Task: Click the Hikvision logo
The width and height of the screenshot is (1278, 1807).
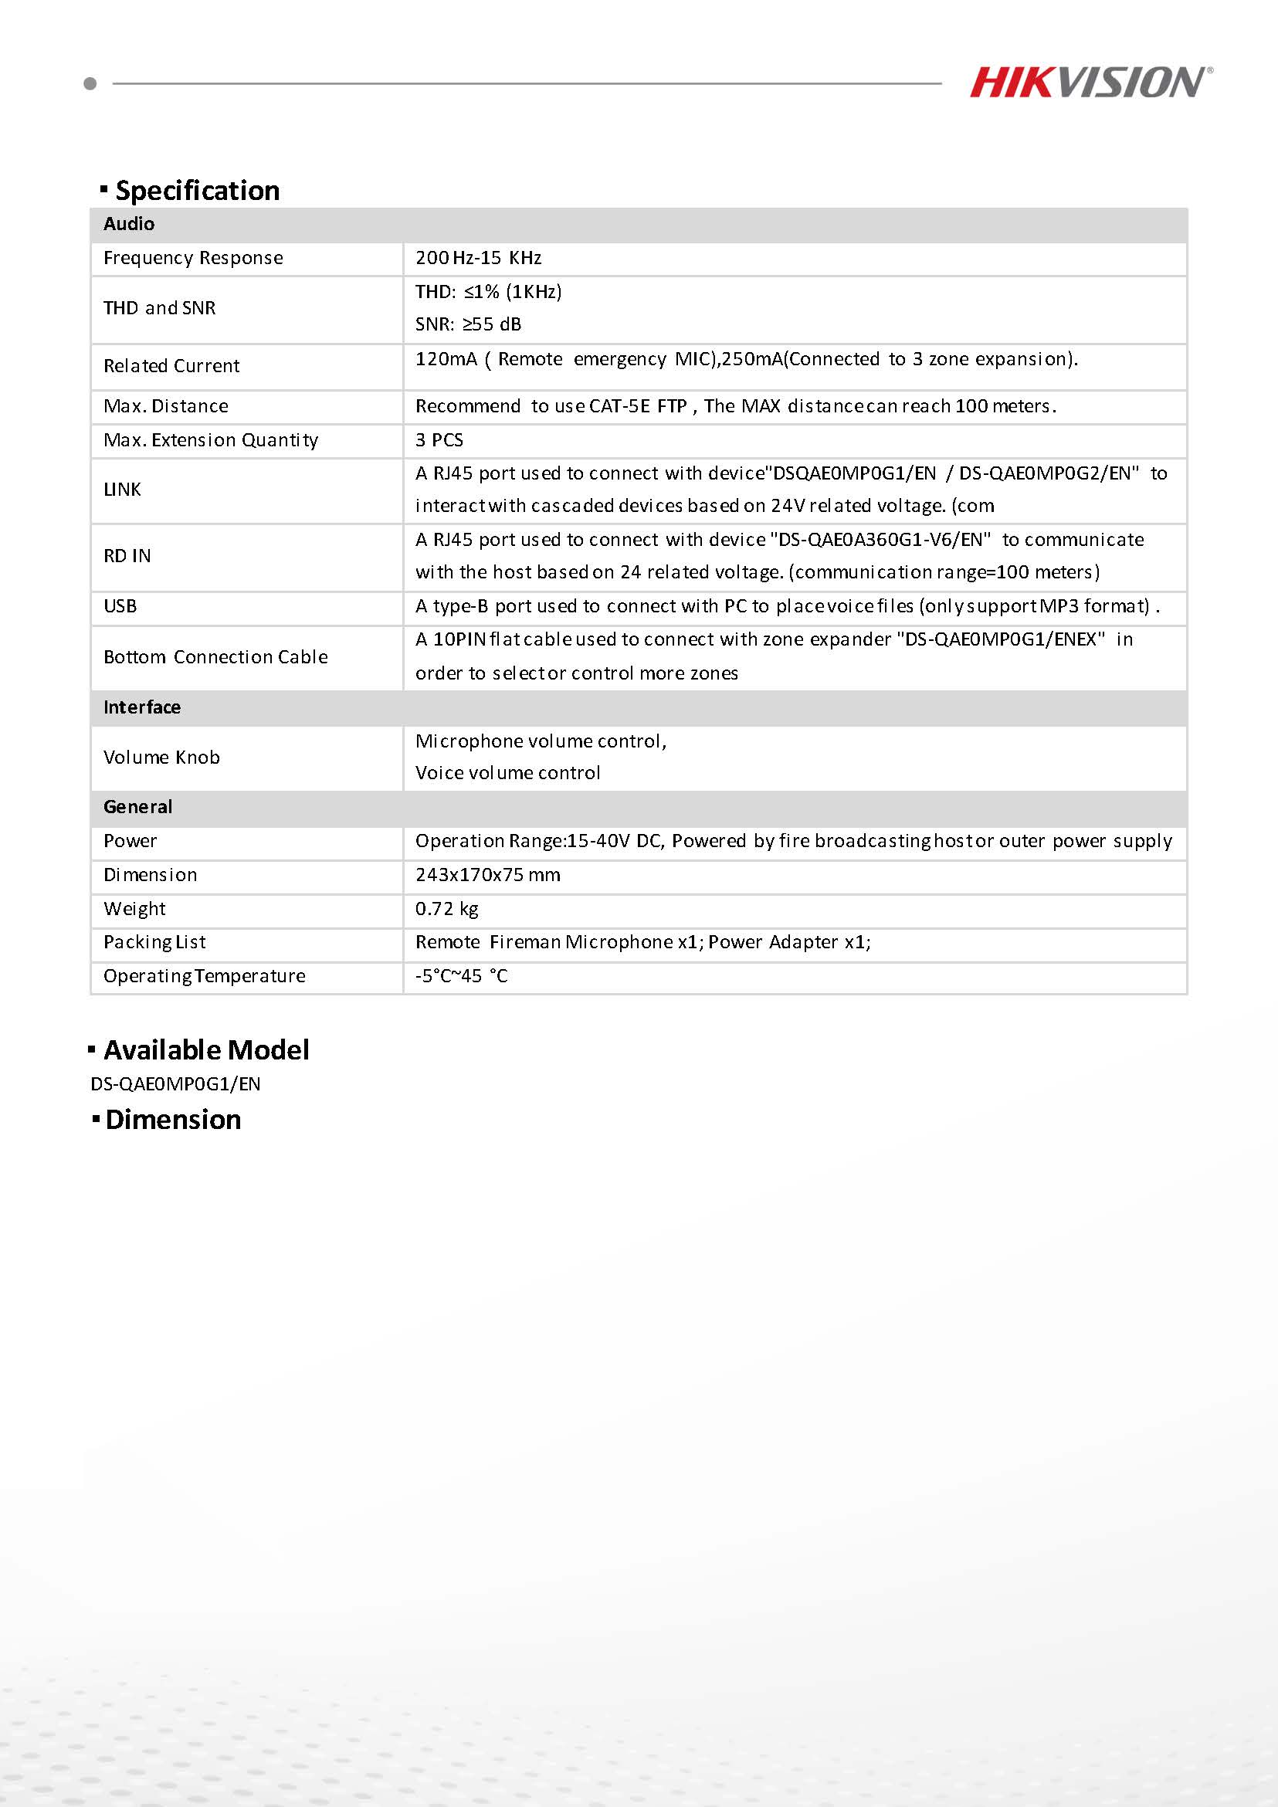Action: [1090, 83]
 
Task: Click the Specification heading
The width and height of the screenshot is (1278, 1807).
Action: [197, 191]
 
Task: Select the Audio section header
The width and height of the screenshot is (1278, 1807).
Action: [129, 224]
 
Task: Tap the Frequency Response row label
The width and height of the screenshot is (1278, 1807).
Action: [193, 258]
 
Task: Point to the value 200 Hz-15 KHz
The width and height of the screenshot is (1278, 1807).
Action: [479, 258]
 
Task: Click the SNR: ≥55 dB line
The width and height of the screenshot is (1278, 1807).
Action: [468, 324]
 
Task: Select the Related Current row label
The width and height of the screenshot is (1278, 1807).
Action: [171, 366]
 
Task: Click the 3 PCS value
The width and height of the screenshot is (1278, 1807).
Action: [439, 440]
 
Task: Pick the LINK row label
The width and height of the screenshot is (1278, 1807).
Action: [122, 490]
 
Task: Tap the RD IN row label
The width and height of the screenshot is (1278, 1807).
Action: [127, 557]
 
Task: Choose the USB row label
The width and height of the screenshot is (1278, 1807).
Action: [120, 607]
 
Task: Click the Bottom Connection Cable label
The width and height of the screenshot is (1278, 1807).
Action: [215, 657]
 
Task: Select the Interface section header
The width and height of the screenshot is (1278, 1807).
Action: [141, 707]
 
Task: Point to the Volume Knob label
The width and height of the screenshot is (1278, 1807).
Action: [161, 758]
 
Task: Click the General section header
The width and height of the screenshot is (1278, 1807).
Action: [137, 808]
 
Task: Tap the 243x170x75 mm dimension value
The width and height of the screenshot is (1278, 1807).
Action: [488, 875]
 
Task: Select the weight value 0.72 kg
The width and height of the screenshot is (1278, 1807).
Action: [447, 909]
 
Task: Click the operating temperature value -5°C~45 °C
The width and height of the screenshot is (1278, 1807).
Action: [462, 977]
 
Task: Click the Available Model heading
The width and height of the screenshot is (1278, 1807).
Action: [206, 1051]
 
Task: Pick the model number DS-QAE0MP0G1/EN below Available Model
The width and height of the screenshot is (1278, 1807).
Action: [175, 1084]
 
